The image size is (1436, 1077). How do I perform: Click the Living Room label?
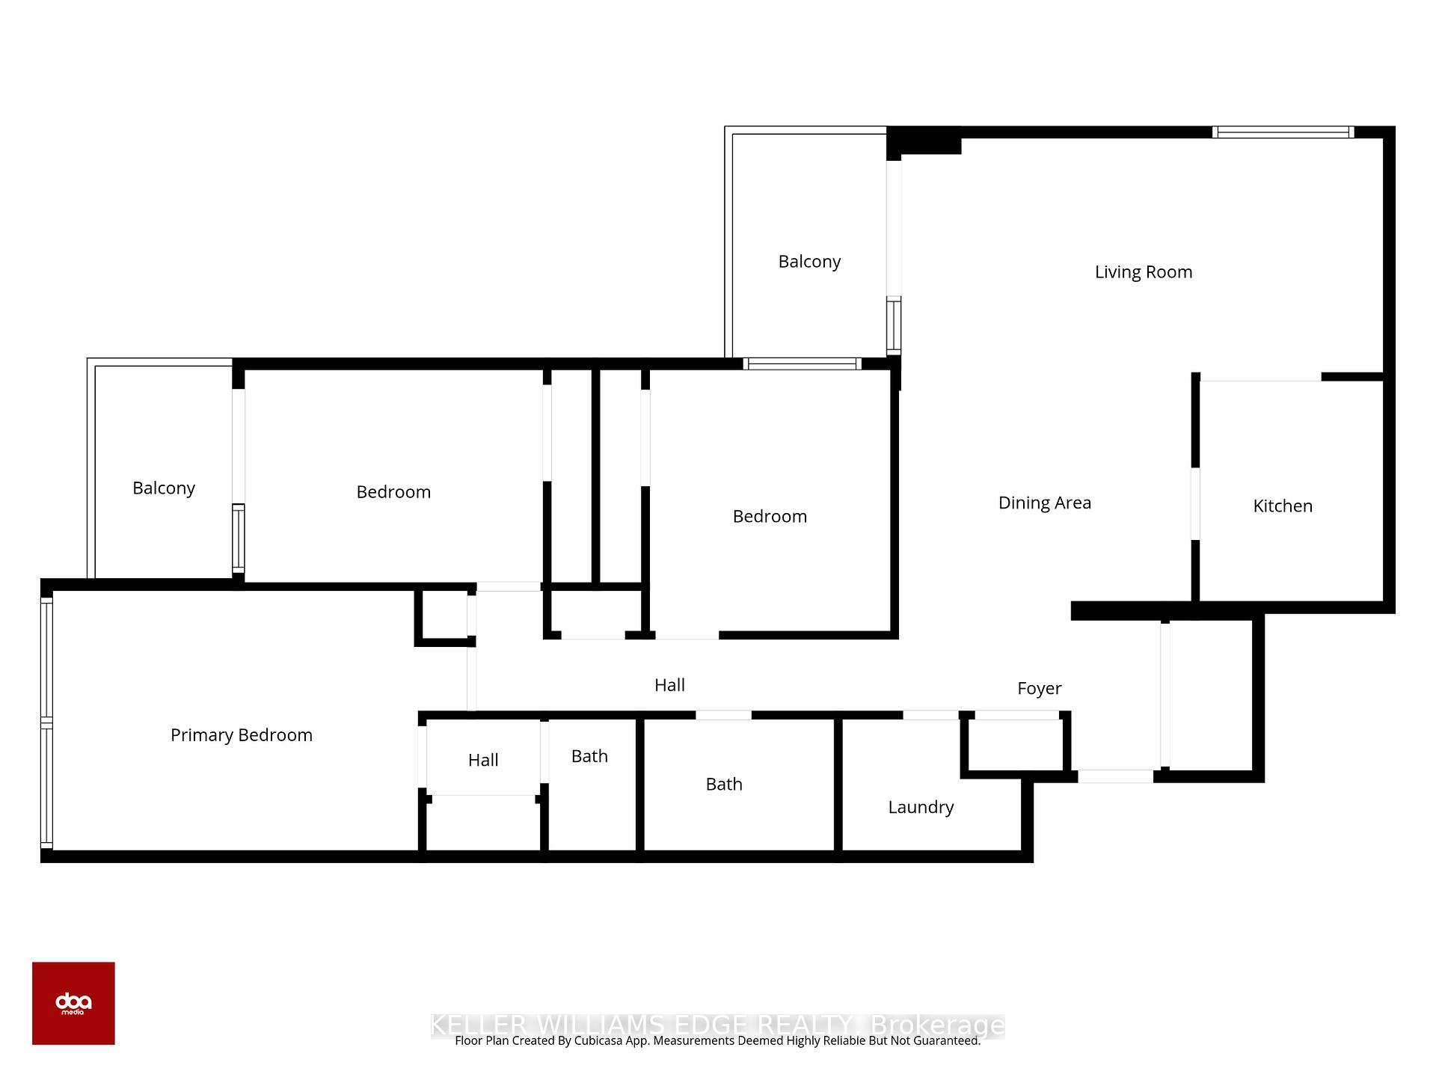point(1143,272)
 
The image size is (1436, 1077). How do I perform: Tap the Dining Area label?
point(1044,503)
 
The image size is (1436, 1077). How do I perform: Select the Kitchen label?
point(1282,506)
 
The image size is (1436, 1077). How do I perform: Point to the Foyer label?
point(1039,688)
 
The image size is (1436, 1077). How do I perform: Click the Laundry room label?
point(920,807)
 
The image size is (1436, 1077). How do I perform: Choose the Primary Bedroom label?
point(241,735)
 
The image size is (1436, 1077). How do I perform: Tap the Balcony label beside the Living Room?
point(809,262)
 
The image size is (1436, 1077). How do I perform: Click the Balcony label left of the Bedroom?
point(163,488)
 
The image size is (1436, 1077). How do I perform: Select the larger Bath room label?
point(723,784)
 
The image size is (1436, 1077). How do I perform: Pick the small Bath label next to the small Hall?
point(589,756)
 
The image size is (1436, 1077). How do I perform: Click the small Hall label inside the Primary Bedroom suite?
point(482,761)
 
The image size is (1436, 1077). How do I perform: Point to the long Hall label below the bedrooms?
point(669,685)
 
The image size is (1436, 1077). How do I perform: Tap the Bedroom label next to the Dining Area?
point(769,516)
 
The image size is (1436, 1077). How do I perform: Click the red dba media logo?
point(73,1003)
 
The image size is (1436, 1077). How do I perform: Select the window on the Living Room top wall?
point(1282,132)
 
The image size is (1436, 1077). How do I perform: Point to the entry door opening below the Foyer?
point(1114,776)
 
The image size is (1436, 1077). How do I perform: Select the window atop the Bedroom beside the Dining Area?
point(802,364)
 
